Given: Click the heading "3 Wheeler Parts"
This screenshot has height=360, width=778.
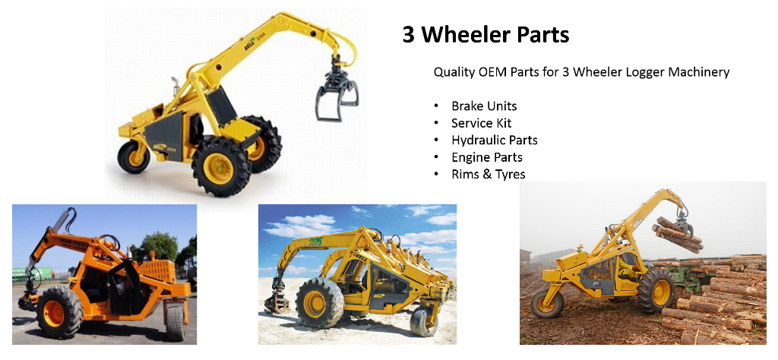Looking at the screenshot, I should click(485, 35).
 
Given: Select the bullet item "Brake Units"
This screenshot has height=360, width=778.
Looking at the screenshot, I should click(484, 106).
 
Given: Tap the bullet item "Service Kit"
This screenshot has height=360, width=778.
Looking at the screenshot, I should click(481, 123).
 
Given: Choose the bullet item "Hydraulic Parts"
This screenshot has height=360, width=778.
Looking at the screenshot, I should click(494, 141).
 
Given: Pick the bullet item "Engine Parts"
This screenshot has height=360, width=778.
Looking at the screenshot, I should click(486, 157).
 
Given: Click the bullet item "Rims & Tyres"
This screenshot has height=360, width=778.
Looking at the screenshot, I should click(488, 175).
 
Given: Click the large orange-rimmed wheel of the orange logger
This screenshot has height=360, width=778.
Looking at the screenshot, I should click(58, 312).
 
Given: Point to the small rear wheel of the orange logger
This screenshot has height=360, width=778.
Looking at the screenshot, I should click(176, 322).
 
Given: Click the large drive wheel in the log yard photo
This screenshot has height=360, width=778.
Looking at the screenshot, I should click(656, 291).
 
